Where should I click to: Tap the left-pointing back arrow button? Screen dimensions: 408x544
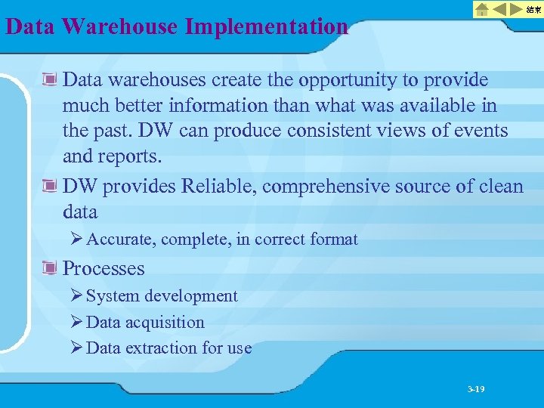pyautogui.click(x=500, y=9)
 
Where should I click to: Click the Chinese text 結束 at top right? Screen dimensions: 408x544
pyautogui.click(x=533, y=9)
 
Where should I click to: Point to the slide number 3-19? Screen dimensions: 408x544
pyautogui.click(x=476, y=389)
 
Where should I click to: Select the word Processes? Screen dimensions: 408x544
pyautogui.click(x=104, y=268)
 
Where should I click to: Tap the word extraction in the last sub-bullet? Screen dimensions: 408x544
pyautogui.click(x=159, y=348)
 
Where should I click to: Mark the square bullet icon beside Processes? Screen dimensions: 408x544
pyautogui.click(x=51, y=268)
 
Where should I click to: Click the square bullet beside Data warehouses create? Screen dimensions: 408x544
pyautogui.click(x=51, y=80)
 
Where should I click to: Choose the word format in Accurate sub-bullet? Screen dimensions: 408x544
pyautogui.click(x=334, y=240)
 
